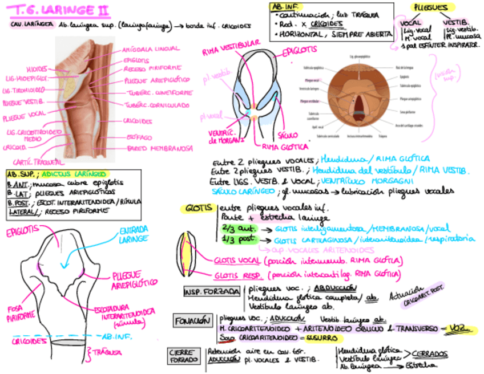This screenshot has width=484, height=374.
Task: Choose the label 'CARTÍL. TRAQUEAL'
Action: [x=38, y=161]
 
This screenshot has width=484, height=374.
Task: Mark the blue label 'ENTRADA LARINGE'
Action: [x=135, y=234]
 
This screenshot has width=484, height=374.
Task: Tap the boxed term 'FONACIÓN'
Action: [x=193, y=319]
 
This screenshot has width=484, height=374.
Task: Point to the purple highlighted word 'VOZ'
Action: [x=456, y=328]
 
